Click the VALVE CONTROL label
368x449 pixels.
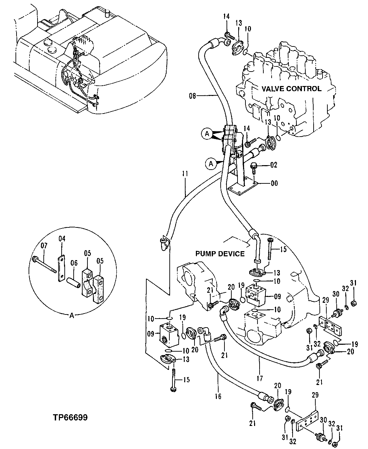291,89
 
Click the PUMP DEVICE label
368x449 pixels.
220,254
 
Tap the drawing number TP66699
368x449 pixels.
70,418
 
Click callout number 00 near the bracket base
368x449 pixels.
274,183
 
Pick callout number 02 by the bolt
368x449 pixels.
274,165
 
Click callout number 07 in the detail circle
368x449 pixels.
44,246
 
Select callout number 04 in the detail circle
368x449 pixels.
62,238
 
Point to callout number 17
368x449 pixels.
259,378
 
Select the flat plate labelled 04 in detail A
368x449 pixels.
61,268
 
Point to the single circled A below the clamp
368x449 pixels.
211,164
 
